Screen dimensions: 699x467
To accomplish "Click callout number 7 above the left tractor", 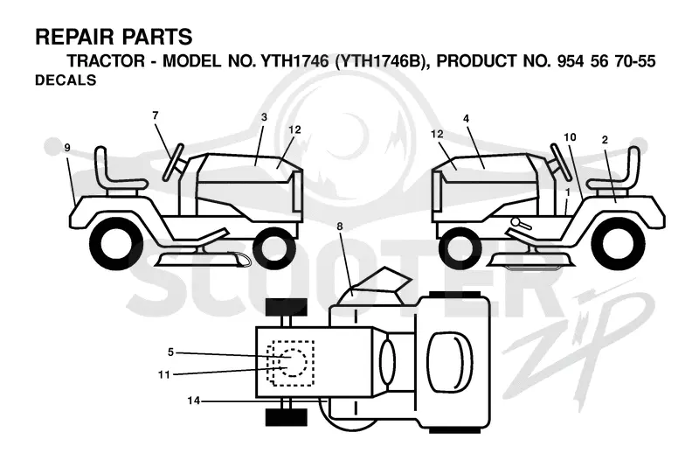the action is pyautogui.click(x=156, y=115).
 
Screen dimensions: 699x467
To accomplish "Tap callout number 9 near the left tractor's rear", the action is pyautogui.click(x=67, y=148).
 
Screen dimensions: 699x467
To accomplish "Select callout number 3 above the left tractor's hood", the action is pyautogui.click(x=265, y=117).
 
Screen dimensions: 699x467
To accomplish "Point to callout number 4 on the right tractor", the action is pyautogui.click(x=467, y=119).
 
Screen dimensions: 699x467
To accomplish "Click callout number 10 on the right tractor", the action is pyautogui.click(x=571, y=137).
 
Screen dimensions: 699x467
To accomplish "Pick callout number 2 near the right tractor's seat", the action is pyautogui.click(x=605, y=140).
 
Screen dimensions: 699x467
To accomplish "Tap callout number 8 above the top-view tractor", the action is pyautogui.click(x=340, y=227).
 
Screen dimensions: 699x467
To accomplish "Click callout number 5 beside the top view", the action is pyautogui.click(x=170, y=352).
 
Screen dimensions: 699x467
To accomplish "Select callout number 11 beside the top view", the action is pyautogui.click(x=164, y=374).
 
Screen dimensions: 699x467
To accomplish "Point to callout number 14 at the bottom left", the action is pyautogui.click(x=193, y=401).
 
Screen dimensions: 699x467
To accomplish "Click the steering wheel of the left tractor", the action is pyautogui.click(x=173, y=162).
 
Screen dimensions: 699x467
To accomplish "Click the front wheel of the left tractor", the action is pyautogui.click(x=274, y=248).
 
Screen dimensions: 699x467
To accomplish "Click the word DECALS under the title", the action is pyautogui.click(x=66, y=80).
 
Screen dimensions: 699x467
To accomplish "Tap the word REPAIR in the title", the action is pyautogui.click(x=71, y=37).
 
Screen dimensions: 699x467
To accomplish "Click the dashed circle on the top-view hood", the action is pyautogui.click(x=292, y=362).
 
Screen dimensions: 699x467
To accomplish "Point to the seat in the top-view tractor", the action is pyautogui.click(x=450, y=362).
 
